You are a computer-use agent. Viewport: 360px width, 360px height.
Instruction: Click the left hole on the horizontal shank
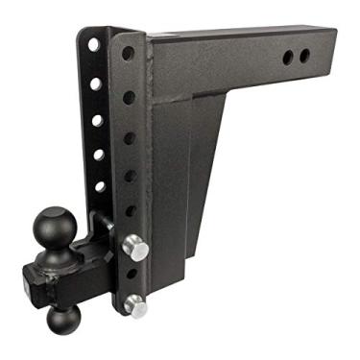click(288, 58)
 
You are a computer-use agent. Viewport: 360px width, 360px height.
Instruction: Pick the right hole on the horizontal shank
click(304, 56)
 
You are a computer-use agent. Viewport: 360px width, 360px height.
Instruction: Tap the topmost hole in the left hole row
click(93, 44)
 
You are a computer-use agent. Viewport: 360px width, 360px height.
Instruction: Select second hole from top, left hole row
click(96, 84)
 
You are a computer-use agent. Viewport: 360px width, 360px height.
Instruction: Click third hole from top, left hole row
click(97, 120)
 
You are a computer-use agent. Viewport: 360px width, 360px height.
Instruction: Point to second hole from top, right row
click(129, 97)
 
